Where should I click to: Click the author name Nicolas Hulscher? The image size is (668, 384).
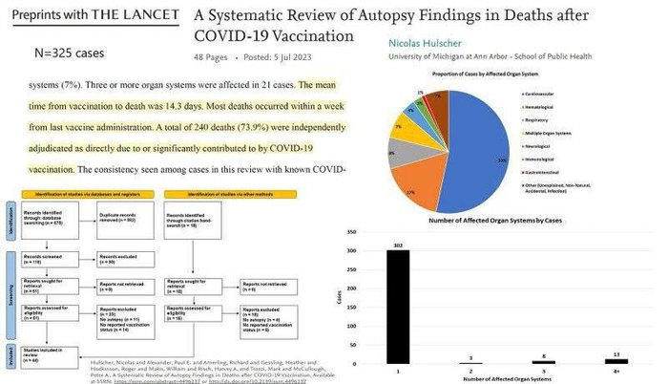coord(431,44)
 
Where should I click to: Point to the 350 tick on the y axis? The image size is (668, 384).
coord(354,232)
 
